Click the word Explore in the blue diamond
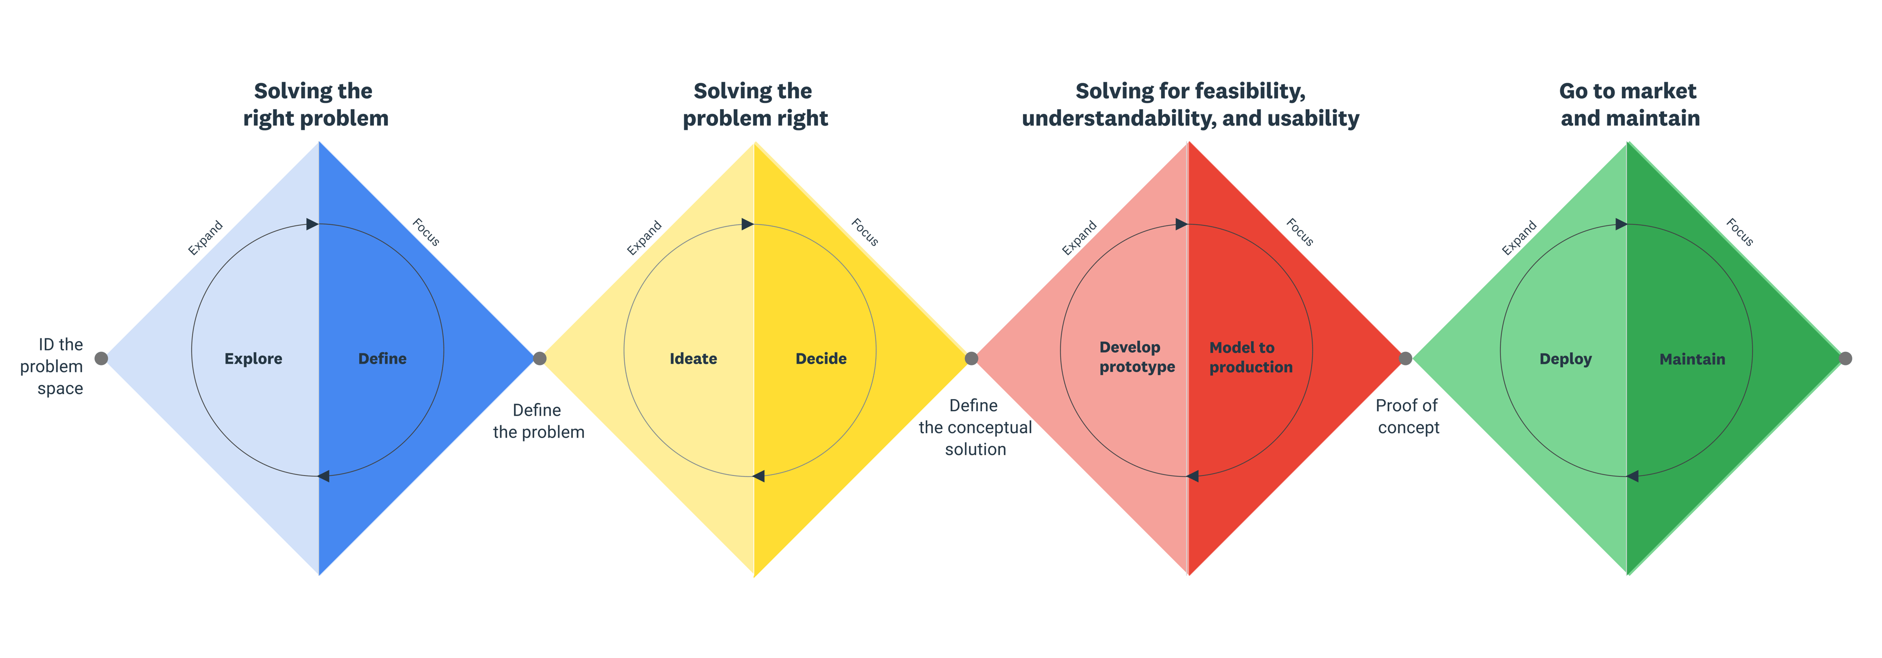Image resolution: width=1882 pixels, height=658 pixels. coord(253,358)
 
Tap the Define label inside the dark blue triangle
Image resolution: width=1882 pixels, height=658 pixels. coord(382,358)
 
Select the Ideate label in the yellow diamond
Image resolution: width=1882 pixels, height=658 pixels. coord(693,358)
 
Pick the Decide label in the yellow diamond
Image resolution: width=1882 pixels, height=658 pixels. coord(821,358)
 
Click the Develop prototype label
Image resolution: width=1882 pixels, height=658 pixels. coord(1136,357)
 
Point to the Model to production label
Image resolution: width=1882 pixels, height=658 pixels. coord(1250,357)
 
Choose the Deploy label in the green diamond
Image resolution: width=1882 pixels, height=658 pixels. coord(1565,358)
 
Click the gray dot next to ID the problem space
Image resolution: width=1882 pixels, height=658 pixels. coord(102,358)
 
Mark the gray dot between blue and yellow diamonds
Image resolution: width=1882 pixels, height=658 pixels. coord(539,358)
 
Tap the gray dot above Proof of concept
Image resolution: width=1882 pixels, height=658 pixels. coord(1405,358)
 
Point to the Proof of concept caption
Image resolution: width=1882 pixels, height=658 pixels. coord(1407,416)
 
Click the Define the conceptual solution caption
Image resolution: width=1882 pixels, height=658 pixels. coord(975,427)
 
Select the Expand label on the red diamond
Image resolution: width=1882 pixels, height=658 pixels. coord(1079,238)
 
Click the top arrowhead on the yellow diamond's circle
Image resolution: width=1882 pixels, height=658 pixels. coord(747,224)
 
